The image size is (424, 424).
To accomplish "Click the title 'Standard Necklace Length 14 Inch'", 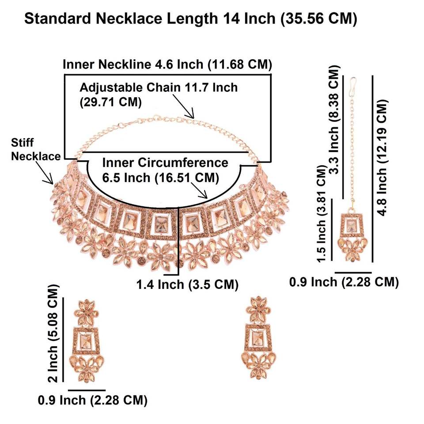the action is tap(190, 19).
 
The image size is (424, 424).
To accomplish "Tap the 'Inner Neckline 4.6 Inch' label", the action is tap(167, 64).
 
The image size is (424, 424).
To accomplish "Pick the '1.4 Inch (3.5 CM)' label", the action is tap(187, 284).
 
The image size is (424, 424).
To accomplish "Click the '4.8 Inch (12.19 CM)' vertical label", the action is tap(383, 157).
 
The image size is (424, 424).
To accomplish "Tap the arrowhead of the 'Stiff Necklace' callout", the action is tap(52, 182).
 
